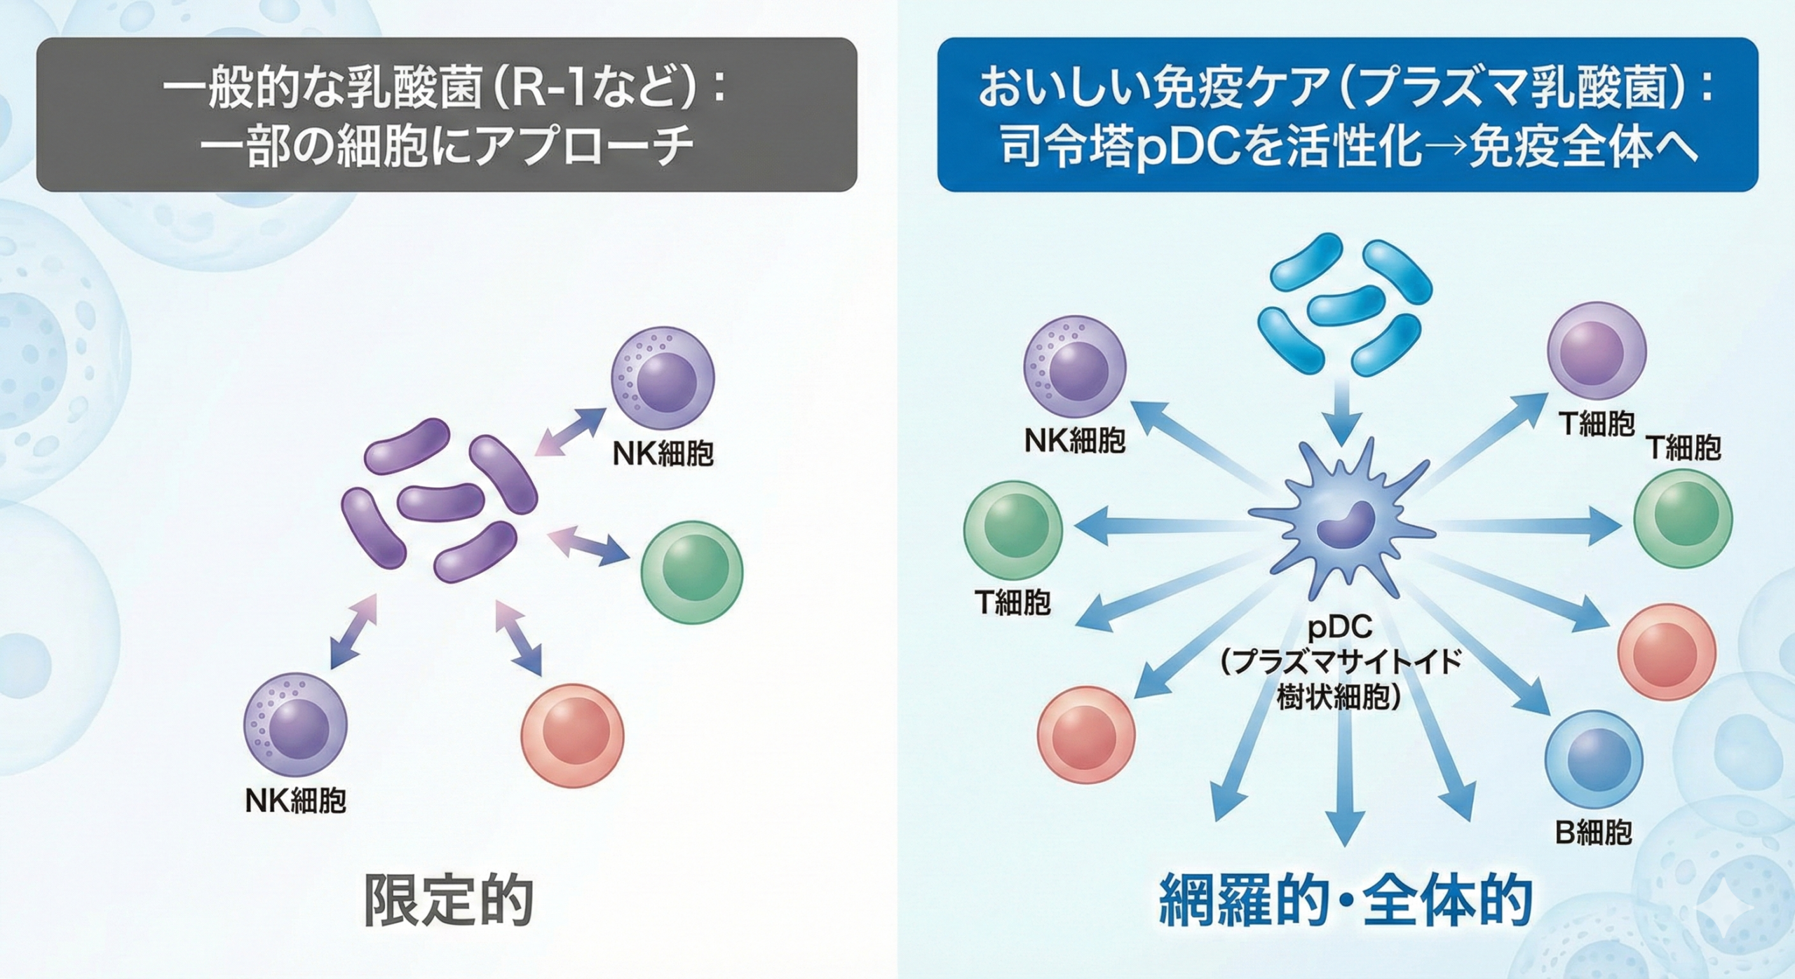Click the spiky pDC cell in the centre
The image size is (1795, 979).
click(x=1339, y=522)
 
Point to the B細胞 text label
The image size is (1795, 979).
click(x=1594, y=832)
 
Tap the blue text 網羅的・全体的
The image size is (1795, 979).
click(x=1345, y=900)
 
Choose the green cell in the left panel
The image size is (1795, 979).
click(x=691, y=572)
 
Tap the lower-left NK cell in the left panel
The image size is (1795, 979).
click(x=295, y=726)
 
